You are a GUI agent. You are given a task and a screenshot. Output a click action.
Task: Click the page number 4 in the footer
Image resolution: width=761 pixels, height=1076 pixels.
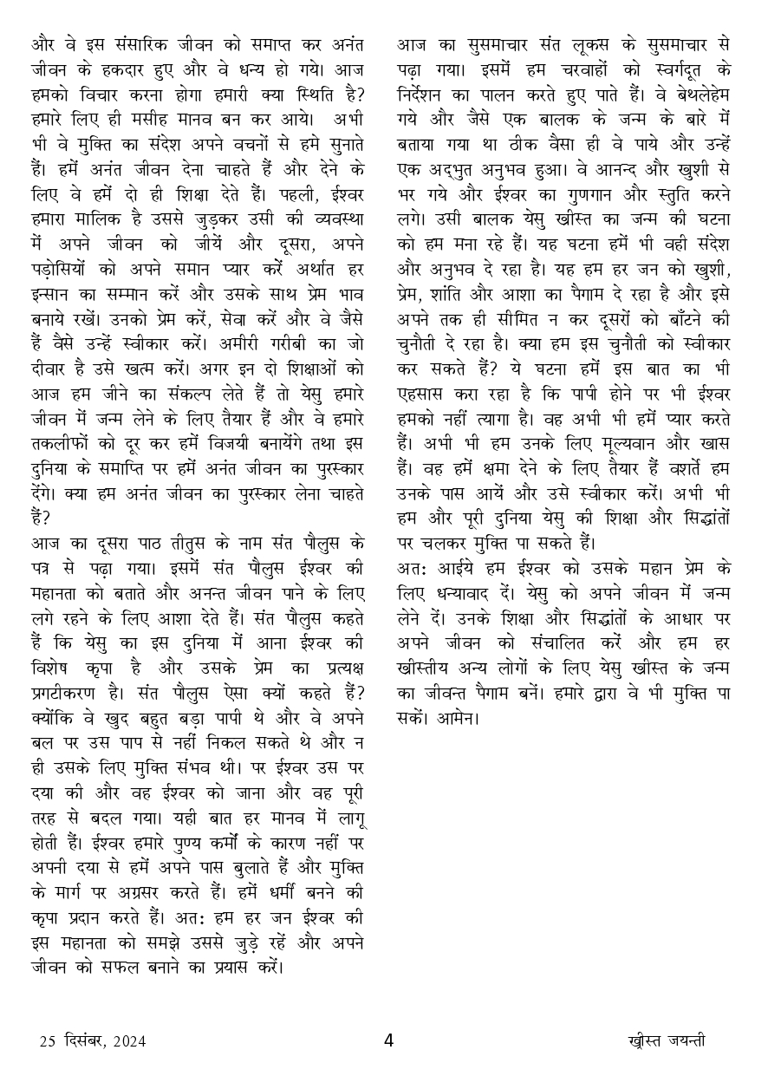(x=388, y=1040)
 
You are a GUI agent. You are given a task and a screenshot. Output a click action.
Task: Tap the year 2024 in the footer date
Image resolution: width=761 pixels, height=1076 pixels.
(x=128, y=1041)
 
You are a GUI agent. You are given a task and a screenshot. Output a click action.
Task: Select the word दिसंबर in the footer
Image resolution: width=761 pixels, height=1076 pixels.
(x=79, y=1041)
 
